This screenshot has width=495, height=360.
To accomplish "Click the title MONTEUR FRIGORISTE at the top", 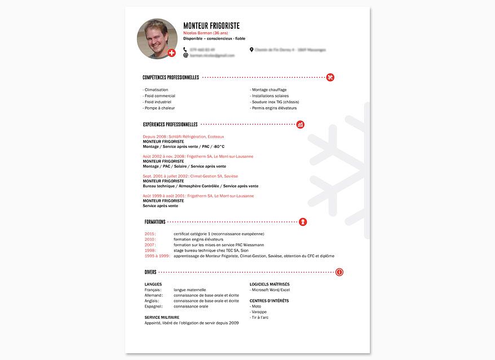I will coord(211,26).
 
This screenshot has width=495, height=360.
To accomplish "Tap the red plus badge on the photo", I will coord(172,53).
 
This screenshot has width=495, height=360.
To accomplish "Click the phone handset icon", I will coord(185,50).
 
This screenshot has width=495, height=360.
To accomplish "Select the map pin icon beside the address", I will coord(251,50).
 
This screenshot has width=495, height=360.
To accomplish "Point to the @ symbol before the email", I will coord(185,56).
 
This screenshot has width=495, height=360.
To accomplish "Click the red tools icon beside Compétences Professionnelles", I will coord(330,77).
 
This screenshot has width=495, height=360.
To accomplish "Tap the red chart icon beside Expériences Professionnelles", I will coord(300,124).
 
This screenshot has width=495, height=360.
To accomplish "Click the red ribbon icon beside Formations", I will coord(303,222).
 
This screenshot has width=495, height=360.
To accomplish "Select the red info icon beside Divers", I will coord(339,272).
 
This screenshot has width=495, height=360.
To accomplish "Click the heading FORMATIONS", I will coord(155,222).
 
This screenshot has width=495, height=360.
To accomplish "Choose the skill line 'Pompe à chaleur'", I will coord(159,108).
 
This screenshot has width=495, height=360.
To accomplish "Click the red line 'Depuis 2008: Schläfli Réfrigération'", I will coord(183,137).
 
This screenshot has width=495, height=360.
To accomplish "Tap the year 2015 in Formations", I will coord(149,234).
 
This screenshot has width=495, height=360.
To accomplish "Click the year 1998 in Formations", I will coord(149,251).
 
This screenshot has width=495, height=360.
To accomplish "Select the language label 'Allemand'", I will coord(153,295).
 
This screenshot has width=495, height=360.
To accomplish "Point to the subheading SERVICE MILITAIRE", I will coord(162,318).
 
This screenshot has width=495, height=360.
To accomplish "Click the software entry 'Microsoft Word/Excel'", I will coord(270,290).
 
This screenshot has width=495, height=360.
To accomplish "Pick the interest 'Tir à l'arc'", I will coord(260,318).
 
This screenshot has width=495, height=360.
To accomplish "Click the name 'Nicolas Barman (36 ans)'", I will coord(205,33).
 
